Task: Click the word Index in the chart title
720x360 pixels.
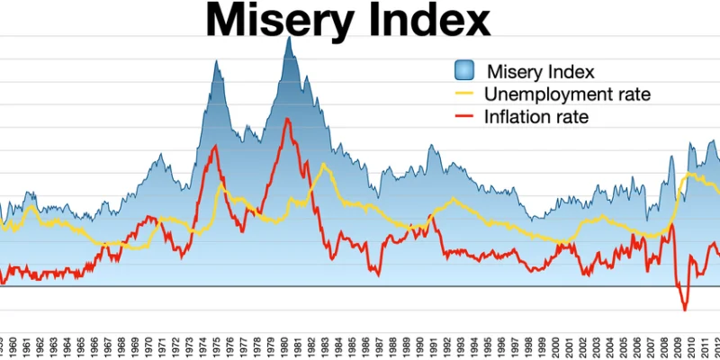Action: pos(428,20)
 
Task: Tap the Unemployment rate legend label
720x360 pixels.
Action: pos(567,94)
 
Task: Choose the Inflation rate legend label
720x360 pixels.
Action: pos(536,116)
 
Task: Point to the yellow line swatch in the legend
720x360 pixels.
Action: pos(463,94)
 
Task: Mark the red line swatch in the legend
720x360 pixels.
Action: pos(463,116)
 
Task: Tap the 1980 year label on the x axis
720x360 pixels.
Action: pos(286,346)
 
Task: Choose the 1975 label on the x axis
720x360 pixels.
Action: pos(218,346)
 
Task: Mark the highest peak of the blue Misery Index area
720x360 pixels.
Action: pos(289,38)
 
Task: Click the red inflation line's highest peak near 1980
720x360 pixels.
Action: pos(287,119)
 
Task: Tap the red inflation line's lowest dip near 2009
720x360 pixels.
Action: pos(684,310)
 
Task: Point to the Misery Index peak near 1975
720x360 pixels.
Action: pos(217,60)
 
